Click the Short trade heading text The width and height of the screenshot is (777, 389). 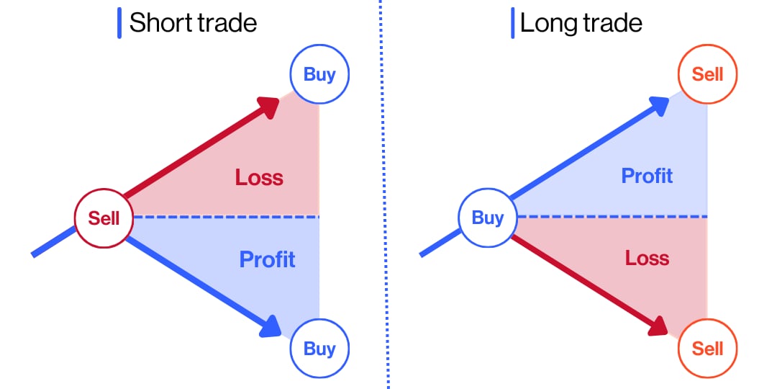193,23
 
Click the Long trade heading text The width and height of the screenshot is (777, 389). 581,23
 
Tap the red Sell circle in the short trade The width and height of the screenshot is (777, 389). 104,217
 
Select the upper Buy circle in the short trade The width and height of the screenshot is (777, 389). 319,74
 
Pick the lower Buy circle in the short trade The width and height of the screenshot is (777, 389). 319,349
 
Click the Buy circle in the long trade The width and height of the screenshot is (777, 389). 487,217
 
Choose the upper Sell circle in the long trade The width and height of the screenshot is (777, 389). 707,74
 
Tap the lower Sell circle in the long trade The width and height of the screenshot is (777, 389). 707,349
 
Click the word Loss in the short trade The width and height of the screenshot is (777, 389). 259,176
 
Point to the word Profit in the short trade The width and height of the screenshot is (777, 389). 267,259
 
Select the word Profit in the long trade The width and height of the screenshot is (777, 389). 647,175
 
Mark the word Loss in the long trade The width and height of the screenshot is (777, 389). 647,257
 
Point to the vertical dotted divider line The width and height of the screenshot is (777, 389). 384,194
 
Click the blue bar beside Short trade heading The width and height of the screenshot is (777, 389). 119,23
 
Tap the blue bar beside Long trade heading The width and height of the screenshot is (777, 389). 512,23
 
